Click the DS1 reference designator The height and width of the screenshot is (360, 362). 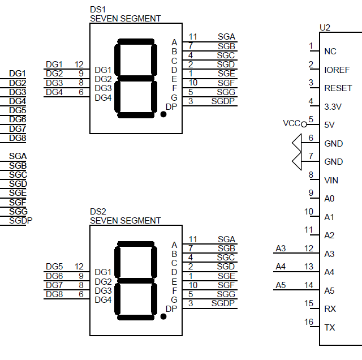coord(98,10)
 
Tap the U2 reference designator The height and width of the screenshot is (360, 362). coord(325,27)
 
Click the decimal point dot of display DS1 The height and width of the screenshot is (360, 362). coord(163,114)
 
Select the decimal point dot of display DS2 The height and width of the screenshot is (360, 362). coord(163,316)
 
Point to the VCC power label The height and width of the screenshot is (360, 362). coord(291,123)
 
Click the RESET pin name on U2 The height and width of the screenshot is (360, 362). coord(338,88)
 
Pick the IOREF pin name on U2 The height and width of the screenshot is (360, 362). coord(337,70)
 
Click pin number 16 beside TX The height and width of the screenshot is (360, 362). coord(308,322)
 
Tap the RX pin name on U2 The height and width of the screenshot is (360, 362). coord(330,309)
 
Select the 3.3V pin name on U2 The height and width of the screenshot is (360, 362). coord(334,106)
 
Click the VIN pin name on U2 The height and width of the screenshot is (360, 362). coord(331,181)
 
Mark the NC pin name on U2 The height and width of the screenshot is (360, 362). coord(330,52)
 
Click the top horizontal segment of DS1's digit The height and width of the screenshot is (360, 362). coord(136,42)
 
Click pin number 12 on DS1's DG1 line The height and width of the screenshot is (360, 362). coord(79,65)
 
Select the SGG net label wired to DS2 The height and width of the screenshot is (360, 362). coord(226,294)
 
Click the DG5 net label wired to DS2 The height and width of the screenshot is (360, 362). coord(54,267)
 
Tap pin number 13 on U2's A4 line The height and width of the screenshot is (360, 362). coord(308,267)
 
